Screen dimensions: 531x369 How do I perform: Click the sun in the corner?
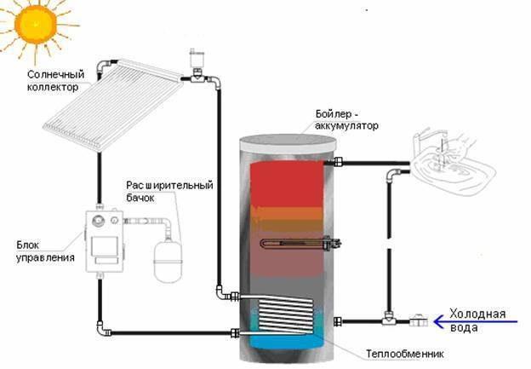[x=35, y=25]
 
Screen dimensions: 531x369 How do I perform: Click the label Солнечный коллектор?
[x=56, y=80]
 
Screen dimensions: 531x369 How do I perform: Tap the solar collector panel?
[x=113, y=103]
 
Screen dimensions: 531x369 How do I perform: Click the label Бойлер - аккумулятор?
[x=347, y=119]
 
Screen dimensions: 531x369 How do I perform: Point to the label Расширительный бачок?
[x=169, y=191]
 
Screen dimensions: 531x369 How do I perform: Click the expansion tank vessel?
[x=168, y=260]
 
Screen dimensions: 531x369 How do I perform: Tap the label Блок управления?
[x=45, y=251]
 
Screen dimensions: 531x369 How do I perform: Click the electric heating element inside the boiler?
[x=300, y=244]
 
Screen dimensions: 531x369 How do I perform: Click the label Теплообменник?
[x=404, y=354]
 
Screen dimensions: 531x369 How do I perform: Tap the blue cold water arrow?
[x=476, y=321]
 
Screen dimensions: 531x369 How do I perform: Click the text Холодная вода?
[x=477, y=320]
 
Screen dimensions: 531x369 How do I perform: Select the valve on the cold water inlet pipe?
[x=419, y=320]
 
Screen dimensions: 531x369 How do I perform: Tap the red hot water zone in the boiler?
[x=287, y=184]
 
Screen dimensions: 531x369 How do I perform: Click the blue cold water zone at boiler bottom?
[x=286, y=342]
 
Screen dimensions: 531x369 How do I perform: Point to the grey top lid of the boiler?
[x=287, y=145]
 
